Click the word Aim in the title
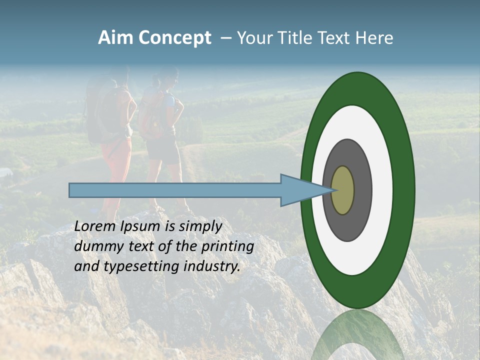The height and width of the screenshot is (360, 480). pos(116,38)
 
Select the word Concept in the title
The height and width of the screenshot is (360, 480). pos(175,38)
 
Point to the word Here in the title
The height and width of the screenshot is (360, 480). pos(374,38)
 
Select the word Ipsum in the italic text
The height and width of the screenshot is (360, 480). pos(141,226)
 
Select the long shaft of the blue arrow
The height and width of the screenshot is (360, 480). pos(175,190)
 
